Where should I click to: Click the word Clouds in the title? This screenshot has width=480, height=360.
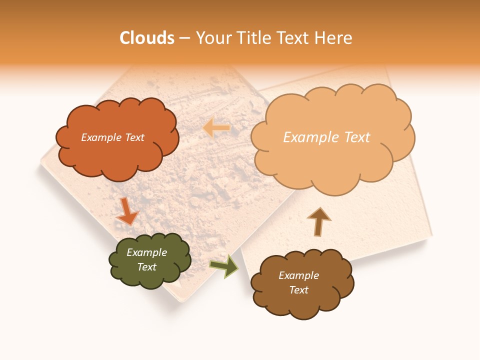(x=147, y=38)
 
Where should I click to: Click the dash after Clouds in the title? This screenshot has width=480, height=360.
(x=184, y=38)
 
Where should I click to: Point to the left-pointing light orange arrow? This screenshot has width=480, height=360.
(x=216, y=128)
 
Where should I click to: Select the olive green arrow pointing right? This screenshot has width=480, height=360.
(x=224, y=266)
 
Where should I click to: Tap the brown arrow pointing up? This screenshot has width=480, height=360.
(x=318, y=221)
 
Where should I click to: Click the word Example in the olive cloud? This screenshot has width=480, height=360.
(x=146, y=252)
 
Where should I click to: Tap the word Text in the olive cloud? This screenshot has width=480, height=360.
(x=147, y=267)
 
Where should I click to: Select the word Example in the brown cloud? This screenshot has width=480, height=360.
(x=298, y=275)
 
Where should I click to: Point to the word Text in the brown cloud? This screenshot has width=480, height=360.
(x=299, y=290)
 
